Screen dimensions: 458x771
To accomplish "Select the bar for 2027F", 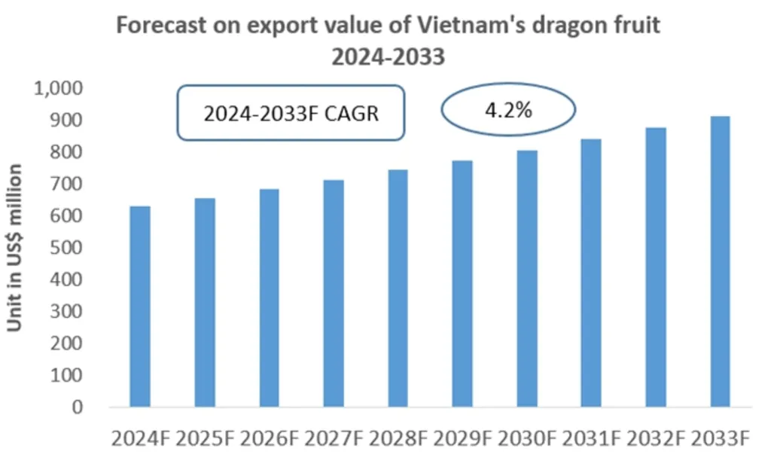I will tap(334, 294).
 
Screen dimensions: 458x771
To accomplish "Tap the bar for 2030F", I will tap(527, 279).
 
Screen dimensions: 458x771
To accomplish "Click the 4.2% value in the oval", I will tap(508, 111).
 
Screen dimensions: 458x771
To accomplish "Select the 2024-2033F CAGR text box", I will tap(291, 113).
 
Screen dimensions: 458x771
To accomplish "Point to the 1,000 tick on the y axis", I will tap(58, 89).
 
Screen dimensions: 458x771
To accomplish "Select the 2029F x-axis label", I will tap(462, 438).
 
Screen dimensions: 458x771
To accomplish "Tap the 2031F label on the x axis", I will tap(591, 438).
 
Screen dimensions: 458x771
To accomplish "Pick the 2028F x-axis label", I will tap(398, 438).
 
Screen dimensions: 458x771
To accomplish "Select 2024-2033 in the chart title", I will tap(389, 56).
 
